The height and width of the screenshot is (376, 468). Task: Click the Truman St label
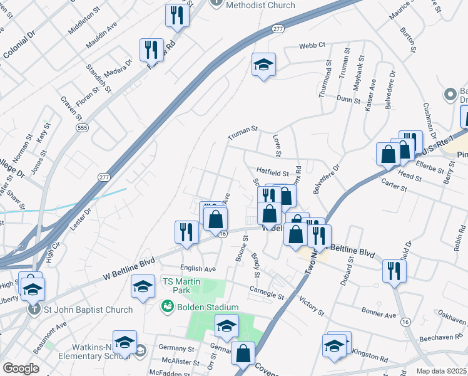point(242,129)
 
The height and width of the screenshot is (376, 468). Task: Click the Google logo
point(21,368)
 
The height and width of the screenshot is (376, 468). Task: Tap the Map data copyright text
point(442,370)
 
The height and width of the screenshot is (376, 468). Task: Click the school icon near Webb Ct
point(263,64)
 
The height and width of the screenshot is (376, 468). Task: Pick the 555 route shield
point(82,128)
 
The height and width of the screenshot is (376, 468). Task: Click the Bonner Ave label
point(379,311)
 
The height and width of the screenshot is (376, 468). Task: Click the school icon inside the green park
point(226,325)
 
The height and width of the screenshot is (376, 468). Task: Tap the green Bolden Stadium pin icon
point(167,306)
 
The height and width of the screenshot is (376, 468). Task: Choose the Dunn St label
point(348,100)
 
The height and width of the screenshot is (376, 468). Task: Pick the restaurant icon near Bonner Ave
point(394,270)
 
